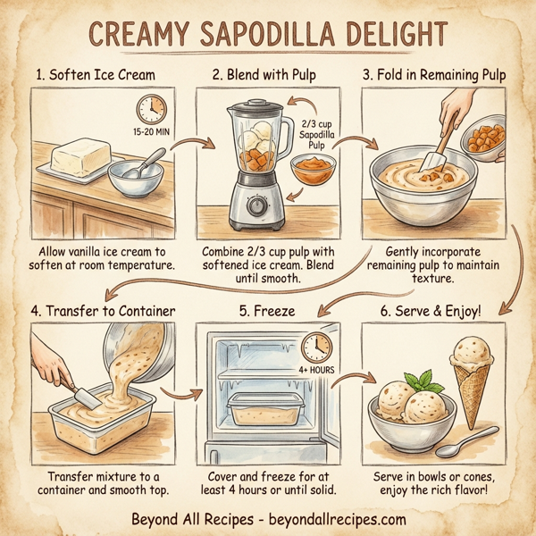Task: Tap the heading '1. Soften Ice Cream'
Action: coord(96,76)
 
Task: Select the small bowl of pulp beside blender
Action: coord(314,170)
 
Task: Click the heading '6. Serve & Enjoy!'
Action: coord(435,312)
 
